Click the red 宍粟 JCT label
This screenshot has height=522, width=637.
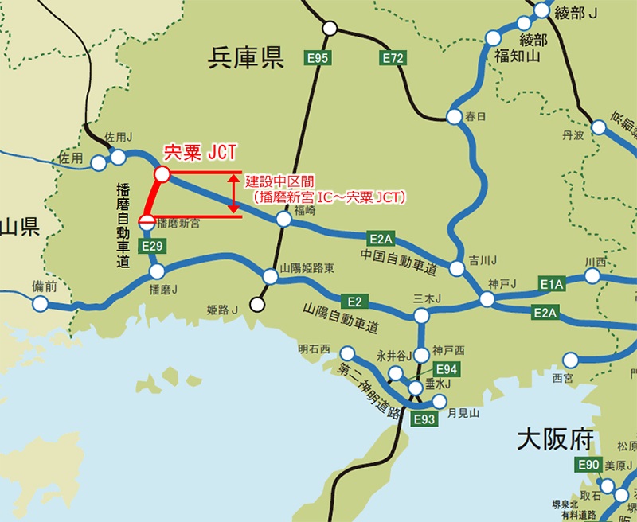200,151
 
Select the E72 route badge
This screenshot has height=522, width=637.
393,57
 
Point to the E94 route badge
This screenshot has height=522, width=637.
447,369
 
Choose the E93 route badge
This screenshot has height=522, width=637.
424,419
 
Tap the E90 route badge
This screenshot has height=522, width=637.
588,465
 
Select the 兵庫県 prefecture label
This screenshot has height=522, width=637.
246,57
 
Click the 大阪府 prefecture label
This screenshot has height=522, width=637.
556,438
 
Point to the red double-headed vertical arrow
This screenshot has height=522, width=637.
233,193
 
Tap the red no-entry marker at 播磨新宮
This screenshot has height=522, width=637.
147,222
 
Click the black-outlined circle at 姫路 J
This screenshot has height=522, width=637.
257,303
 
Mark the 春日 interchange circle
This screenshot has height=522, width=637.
454,117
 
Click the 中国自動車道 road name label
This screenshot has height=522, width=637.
398,262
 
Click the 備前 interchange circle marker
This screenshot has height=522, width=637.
41,303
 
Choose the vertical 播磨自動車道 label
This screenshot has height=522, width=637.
123,226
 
